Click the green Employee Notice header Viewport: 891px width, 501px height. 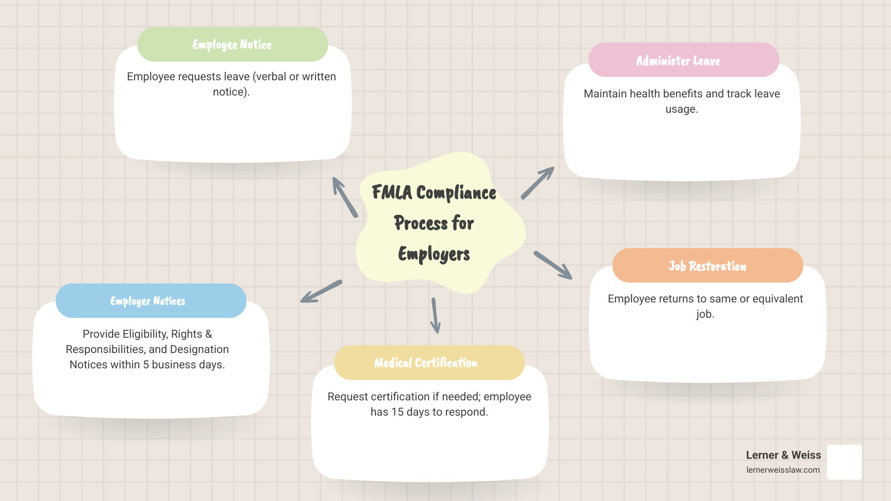[x=232, y=45]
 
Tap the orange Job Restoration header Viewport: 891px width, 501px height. [x=707, y=266]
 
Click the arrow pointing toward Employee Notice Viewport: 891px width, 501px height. [x=345, y=197]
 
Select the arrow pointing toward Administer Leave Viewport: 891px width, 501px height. [x=537, y=183]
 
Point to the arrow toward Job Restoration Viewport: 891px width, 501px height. [x=553, y=265]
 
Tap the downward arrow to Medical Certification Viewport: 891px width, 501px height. [x=435, y=315]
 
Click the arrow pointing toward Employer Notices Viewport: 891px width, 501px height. [x=321, y=291]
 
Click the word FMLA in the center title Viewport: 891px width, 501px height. [x=392, y=193]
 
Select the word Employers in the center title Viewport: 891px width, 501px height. [x=434, y=254]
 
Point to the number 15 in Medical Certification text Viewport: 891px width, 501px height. [x=397, y=412]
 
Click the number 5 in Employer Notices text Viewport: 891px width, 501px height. [x=146, y=365]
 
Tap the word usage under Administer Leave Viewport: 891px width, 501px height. [x=681, y=109]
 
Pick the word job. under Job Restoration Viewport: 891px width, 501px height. [x=705, y=315]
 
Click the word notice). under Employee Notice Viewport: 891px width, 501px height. [x=231, y=92]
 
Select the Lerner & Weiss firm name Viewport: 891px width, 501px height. [x=783, y=455]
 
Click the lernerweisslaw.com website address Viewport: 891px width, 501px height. [x=783, y=470]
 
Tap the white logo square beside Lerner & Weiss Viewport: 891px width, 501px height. [x=844, y=462]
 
